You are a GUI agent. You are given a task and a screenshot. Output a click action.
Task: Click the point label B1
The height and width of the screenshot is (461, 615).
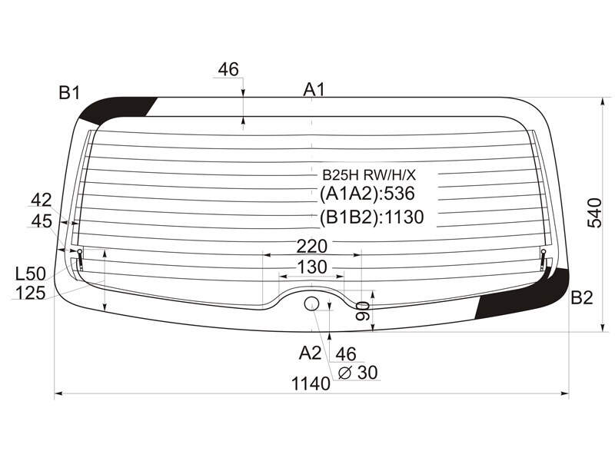pyautogui.click(x=69, y=93)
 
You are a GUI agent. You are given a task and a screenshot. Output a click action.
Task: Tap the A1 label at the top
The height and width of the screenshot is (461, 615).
pyautogui.click(x=314, y=90)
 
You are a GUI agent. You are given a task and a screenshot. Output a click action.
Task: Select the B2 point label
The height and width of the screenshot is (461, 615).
pyautogui.click(x=581, y=298)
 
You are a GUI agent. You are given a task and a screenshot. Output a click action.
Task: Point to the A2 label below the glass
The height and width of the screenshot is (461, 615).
pyautogui.click(x=310, y=353)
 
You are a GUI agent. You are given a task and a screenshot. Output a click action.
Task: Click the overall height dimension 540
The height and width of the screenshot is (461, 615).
pyautogui.click(x=594, y=213)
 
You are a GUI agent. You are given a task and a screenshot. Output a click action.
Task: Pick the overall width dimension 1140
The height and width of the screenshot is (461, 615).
pyautogui.click(x=311, y=383)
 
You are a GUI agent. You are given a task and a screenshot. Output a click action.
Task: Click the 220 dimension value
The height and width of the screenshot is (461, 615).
pyautogui.click(x=312, y=247)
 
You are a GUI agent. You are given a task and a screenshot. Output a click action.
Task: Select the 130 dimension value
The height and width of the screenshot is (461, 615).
pyautogui.click(x=312, y=267)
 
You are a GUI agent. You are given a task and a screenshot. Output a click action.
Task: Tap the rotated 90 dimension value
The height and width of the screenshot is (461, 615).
pyautogui.click(x=362, y=310)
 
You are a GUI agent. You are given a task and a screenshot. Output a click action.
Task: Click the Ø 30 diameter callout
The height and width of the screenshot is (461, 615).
pyautogui.click(x=357, y=373)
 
